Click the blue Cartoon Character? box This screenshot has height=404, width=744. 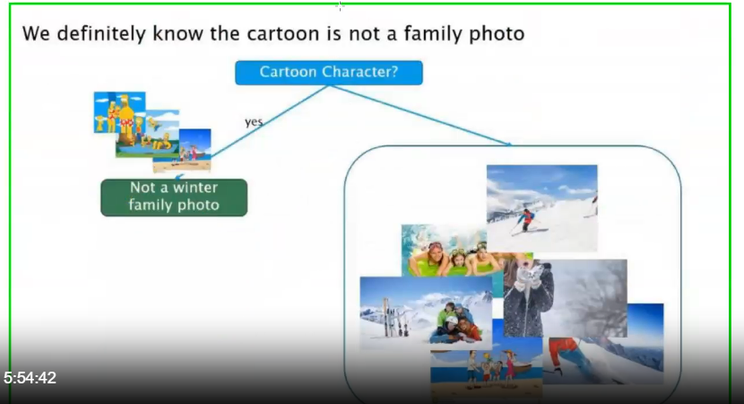coord(329,73)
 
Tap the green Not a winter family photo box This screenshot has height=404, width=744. coord(174,198)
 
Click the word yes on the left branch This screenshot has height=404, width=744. coord(254,122)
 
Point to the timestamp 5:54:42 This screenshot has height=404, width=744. coord(30,378)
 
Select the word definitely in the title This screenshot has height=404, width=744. coord(101,34)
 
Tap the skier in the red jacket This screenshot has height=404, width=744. coord(526,221)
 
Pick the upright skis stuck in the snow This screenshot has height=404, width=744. coord(394,318)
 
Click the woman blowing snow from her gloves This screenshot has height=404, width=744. coord(529,297)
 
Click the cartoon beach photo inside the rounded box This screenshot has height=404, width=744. coord(487,375)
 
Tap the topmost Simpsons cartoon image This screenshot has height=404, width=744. coord(119,112)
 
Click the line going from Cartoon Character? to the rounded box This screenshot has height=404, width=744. coord(420,115)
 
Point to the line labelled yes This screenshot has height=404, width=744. coord(270,121)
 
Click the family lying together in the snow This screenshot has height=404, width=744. coord(456,323)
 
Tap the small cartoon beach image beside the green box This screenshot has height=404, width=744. coord(195,150)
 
